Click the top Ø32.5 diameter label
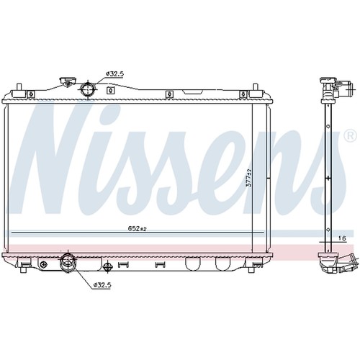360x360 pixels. (114, 74)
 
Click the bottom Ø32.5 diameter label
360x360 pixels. (102, 284)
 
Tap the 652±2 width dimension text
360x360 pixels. (137, 229)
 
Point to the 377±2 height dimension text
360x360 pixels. (249, 178)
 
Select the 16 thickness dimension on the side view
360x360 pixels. (342, 238)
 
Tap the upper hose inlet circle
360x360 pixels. (88, 89)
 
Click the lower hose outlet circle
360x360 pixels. (68, 261)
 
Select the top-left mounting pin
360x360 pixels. (19, 87)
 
